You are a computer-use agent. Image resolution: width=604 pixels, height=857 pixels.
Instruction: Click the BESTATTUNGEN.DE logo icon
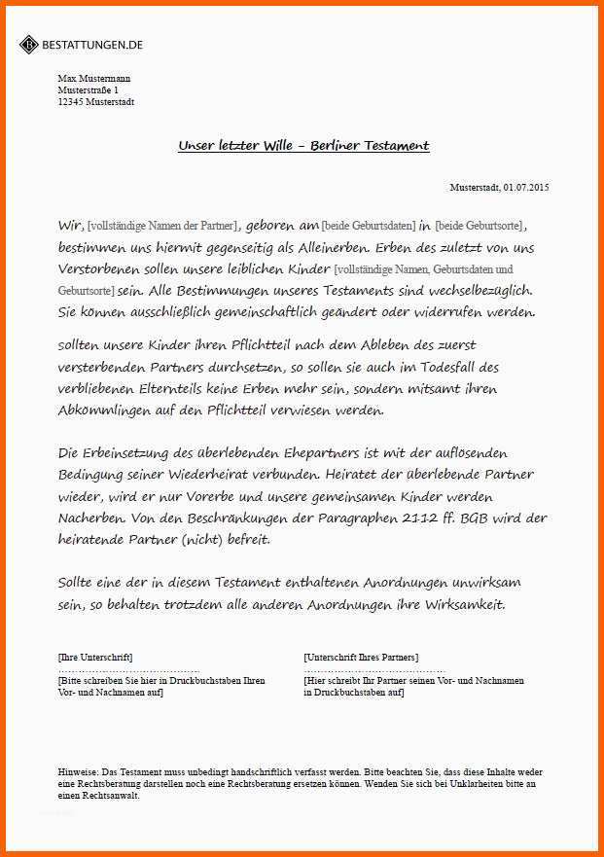point(28,45)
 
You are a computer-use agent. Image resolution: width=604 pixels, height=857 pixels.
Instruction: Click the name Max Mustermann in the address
point(93,78)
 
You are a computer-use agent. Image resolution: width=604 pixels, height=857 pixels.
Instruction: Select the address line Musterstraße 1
point(88,89)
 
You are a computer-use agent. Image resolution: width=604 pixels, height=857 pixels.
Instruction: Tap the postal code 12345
point(71,101)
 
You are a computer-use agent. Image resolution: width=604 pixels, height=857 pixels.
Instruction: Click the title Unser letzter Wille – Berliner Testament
point(303,146)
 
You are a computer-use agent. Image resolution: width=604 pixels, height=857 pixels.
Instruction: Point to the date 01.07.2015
point(526,187)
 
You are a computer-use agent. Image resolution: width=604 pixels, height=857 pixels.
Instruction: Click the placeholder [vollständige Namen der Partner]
point(162,226)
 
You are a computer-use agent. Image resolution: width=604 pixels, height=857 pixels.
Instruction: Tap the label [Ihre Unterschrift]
point(95,658)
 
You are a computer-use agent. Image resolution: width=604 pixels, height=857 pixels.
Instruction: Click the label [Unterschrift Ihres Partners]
point(361,658)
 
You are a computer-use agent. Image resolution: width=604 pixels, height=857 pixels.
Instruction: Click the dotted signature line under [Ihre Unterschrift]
point(128,670)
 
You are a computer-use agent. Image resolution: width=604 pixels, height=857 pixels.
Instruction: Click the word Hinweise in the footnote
point(79,770)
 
